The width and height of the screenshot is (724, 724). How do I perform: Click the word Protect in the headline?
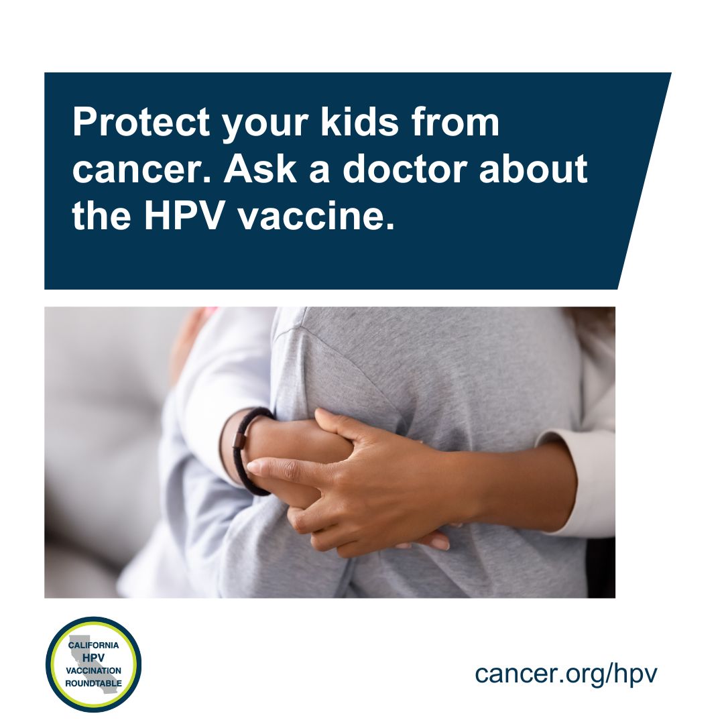click(x=141, y=123)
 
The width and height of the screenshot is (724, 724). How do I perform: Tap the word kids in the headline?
click(x=359, y=122)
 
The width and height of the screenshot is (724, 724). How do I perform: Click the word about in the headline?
click(x=534, y=168)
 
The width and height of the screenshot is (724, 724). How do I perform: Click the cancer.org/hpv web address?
click(x=566, y=674)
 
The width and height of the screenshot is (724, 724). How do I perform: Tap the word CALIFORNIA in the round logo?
click(x=93, y=645)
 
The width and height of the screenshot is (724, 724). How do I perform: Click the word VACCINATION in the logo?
click(x=94, y=670)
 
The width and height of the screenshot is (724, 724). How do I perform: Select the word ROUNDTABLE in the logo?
click(x=94, y=683)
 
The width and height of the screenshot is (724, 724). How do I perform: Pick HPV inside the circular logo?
click(x=94, y=658)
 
